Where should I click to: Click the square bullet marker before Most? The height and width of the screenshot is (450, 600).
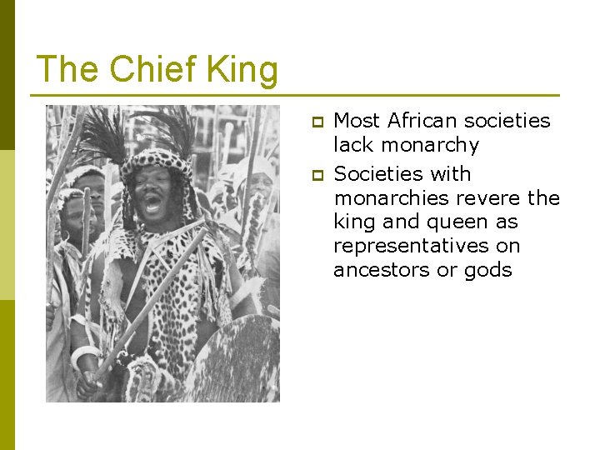pos(317,122)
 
